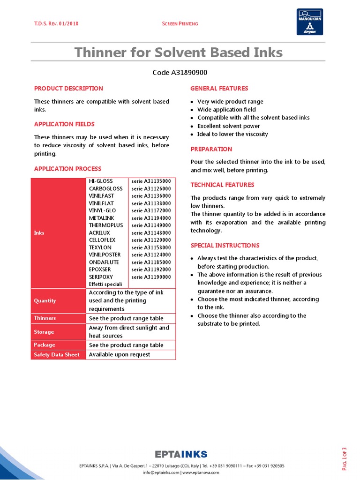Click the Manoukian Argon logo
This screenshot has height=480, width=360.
pyautogui.click(x=309, y=22)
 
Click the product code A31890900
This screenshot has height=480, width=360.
pyautogui.click(x=180, y=72)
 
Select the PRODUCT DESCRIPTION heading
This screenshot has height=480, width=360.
pyautogui.click(x=68, y=88)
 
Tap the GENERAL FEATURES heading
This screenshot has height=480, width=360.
pyautogui.click(x=219, y=88)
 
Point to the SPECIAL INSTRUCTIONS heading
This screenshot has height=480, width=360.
pyautogui.click(x=225, y=245)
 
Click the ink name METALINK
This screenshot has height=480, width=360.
pyautogui.click(x=102, y=218)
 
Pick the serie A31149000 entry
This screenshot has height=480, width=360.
pyautogui.click(x=151, y=225)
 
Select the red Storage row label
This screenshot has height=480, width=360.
pyautogui.click(x=44, y=332)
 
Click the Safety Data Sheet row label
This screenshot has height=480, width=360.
pyautogui.click(x=57, y=354)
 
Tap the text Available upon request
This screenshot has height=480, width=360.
pyautogui.click(x=120, y=354)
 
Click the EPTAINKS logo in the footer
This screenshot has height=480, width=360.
pyautogui.click(x=181, y=454)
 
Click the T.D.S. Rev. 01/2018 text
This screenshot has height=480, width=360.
pyautogui.click(x=56, y=24)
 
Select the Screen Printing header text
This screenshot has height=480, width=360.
pyautogui.click(x=180, y=24)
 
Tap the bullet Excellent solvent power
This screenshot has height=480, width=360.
pyautogui.click(x=228, y=126)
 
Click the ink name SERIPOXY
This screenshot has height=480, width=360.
pyautogui.click(x=101, y=277)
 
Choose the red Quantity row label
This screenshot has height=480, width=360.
pyautogui.click(x=45, y=300)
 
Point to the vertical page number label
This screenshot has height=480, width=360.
pyautogui.click(x=345, y=458)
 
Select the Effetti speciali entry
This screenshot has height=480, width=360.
pyautogui.click(x=105, y=284)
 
